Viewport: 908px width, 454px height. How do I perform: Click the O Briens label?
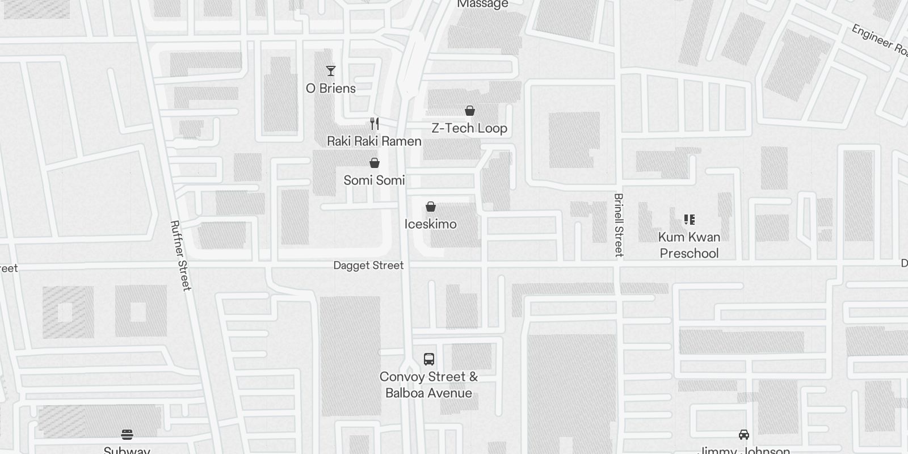coord(331,89)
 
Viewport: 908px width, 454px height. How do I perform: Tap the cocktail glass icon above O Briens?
coord(331,71)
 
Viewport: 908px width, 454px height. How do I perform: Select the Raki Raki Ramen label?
coord(374,141)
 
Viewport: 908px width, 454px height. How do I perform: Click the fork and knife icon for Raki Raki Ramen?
coord(375,124)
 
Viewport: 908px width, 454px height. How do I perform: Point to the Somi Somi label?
coord(374,180)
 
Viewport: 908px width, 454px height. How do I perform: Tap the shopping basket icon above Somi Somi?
coord(375,163)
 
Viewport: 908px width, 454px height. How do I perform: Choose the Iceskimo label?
coord(430,224)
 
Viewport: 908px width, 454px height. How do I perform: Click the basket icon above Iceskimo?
coord(431,207)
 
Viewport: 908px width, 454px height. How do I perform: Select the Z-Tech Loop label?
coord(469,128)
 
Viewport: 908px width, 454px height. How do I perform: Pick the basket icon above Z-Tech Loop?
coord(470,111)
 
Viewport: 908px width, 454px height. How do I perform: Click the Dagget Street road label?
coord(368,266)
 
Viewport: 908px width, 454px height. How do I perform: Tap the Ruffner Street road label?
coord(181,255)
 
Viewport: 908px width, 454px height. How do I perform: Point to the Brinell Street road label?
coord(619,225)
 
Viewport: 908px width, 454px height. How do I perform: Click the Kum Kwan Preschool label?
coord(689,245)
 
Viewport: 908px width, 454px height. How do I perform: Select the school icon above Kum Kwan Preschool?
coord(689,220)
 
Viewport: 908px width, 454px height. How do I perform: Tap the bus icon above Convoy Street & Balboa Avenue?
coord(429,359)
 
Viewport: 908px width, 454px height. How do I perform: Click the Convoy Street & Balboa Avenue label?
coord(428,385)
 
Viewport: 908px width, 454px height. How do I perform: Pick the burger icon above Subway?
coord(127,435)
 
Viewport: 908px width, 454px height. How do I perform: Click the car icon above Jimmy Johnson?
coord(743,435)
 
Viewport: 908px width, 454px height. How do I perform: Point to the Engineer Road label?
coord(880,39)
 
